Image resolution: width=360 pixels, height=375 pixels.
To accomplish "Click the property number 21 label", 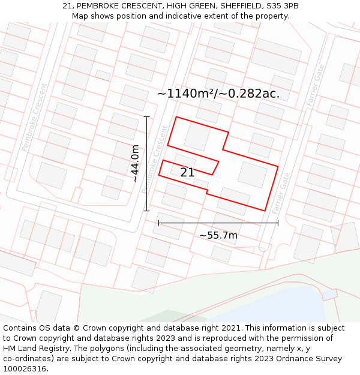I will [x=187, y=173].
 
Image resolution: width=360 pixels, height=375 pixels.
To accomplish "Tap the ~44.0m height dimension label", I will [x=136, y=163].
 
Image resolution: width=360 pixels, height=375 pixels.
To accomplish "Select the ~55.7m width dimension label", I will [x=218, y=235].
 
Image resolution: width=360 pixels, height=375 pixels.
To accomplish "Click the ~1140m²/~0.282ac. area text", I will [x=218, y=94].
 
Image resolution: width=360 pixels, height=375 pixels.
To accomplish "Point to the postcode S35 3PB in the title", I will [x=282, y=6].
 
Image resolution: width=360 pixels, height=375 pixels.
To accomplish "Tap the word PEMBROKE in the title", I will [x=98, y=6].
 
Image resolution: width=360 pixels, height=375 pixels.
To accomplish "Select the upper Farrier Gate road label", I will [x=315, y=85].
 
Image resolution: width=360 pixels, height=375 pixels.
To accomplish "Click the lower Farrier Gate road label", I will [x=281, y=193].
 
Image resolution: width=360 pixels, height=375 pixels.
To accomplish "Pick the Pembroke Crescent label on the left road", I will [x=34, y=118].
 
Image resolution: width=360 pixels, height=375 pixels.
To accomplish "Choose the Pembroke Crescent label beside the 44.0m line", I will [x=155, y=159].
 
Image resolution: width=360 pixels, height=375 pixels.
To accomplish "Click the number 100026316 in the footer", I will [x=26, y=369].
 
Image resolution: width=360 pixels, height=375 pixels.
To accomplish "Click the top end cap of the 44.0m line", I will [x=146, y=117].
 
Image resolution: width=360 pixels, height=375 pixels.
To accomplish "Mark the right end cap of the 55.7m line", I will [x=278, y=223].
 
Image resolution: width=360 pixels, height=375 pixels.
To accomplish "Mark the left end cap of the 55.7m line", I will [x=159, y=223].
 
